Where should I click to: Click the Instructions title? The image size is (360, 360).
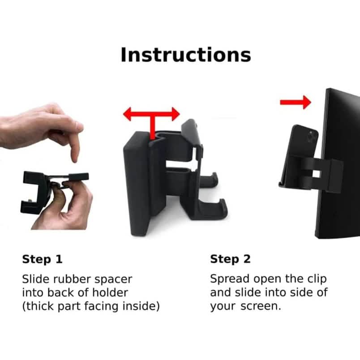[x=185, y=55]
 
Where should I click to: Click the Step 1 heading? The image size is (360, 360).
[x=42, y=259]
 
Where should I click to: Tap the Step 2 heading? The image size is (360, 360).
[x=231, y=259]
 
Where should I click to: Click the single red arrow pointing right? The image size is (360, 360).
[x=295, y=102]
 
